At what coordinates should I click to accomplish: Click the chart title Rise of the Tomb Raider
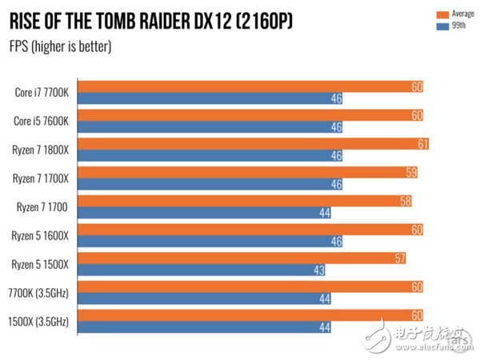pyautogui.click(x=150, y=22)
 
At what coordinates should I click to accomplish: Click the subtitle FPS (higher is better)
pyautogui.click(x=60, y=46)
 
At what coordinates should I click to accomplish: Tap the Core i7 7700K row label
pyautogui.click(x=42, y=92)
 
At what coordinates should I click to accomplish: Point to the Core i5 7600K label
pyautogui.click(x=42, y=121)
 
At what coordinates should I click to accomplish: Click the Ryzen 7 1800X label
pyautogui.click(x=41, y=150)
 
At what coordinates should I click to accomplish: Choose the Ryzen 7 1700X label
pyautogui.click(x=41, y=178)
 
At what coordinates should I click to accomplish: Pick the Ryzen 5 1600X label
pyautogui.click(x=41, y=236)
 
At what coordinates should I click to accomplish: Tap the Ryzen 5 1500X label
pyautogui.click(x=41, y=265)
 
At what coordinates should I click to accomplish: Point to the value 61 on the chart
pyautogui.click(x=422, y=144)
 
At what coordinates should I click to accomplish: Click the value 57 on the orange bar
pyautogui.click(x=399, y=258)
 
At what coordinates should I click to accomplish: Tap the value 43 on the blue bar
pyautogui.click(x=318, y=271)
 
